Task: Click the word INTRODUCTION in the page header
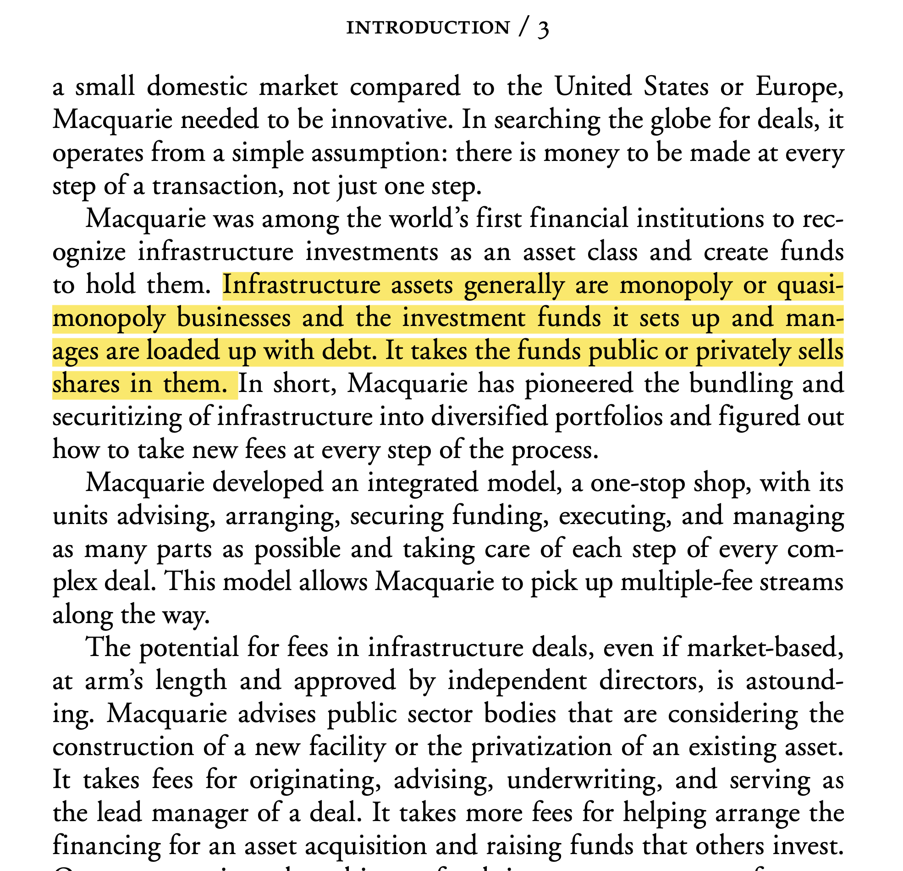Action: click(428, 28)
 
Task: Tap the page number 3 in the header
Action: click(543, 28)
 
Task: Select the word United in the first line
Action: click(593, 87)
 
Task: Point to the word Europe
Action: click(799, 88)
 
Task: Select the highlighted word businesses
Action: click(234, 319)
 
